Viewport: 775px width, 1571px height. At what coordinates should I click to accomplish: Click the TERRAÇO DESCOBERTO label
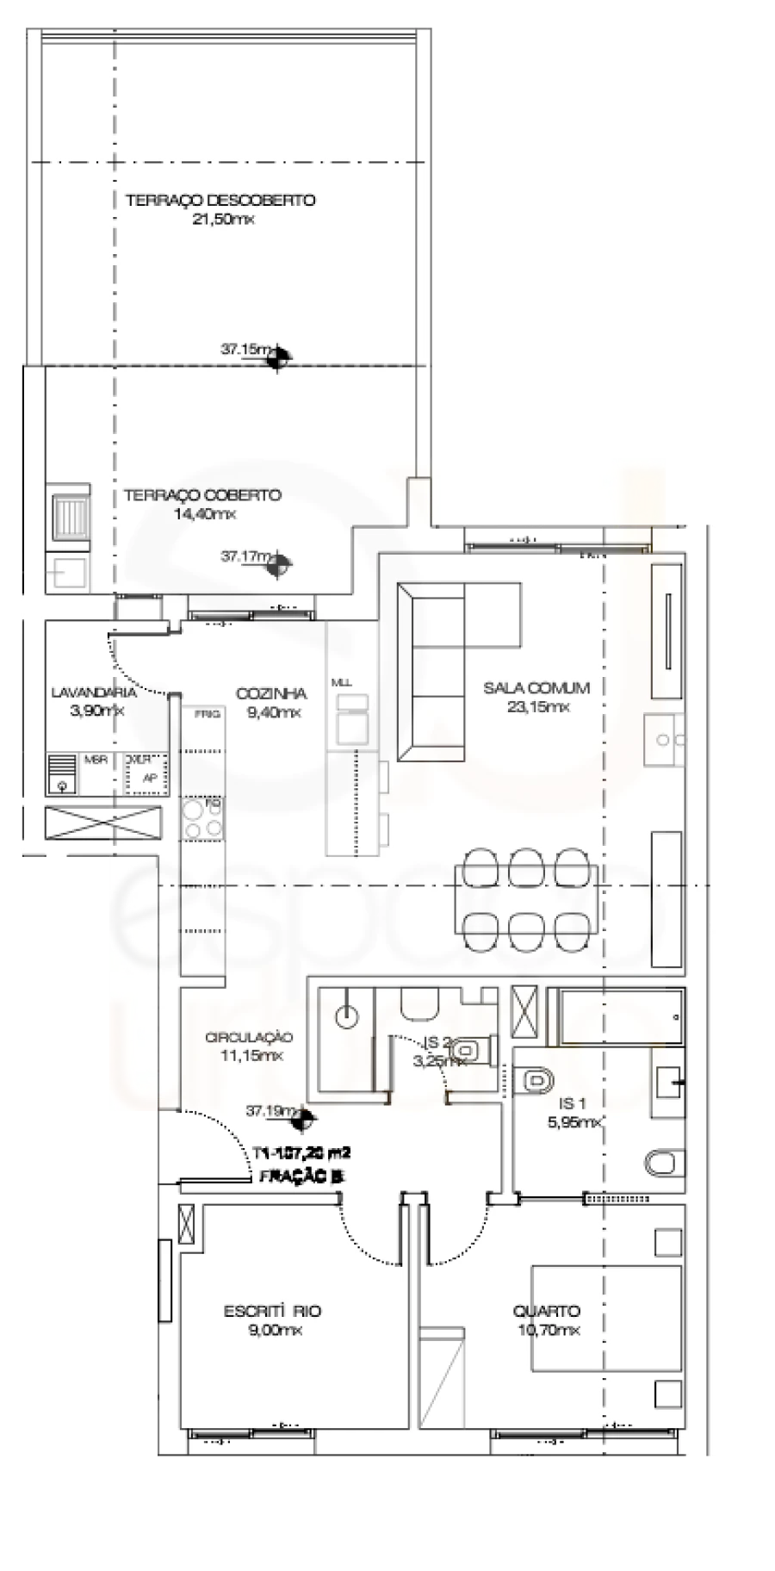220,201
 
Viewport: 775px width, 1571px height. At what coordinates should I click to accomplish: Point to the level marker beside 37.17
278,565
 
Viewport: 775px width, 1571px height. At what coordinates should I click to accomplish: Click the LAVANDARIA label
94,692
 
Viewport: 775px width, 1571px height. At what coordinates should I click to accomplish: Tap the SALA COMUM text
536,688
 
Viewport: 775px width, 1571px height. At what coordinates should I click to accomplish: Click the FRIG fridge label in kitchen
208,714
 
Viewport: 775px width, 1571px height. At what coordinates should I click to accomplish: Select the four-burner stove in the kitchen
203,819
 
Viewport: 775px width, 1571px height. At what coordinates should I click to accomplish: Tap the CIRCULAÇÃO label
250,1038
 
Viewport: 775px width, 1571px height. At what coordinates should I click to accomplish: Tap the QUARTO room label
547,1311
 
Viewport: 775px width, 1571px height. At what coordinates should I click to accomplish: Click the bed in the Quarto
603,1318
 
